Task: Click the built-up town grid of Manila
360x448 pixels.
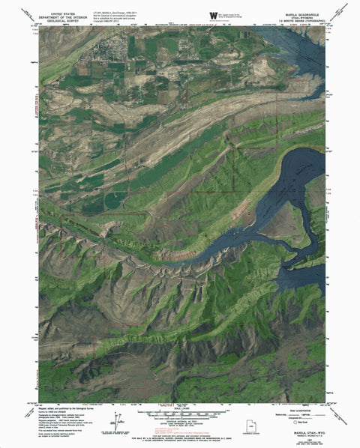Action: coord(105,54)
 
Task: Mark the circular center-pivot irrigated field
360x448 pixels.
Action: coord(115,200)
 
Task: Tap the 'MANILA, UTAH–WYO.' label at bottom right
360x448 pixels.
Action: coord(301,432)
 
